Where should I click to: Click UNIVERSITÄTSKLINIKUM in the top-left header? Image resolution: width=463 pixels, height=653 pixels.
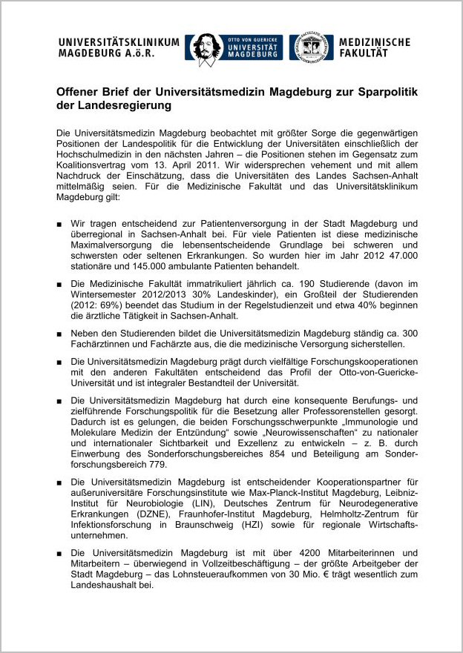pos(119,42)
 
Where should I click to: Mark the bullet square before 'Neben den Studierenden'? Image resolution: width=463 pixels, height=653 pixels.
pos(59,334)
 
